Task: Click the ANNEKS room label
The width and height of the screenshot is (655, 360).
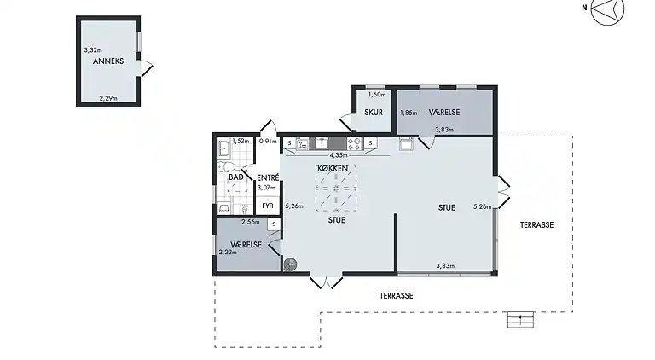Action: pyautogui.click(x=108, y=61)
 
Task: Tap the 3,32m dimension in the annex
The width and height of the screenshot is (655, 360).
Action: pyautogui.click(x=93, y=50)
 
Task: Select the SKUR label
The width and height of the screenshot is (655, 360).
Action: pyautogui.click(x=374, y=113)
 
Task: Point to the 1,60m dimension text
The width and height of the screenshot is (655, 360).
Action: pyautogui.click(x=377, y=95)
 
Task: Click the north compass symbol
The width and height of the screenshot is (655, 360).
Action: pyautogui.click(x=607, y=9)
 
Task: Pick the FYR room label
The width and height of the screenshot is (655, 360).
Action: pyautogui.click(x=268, y=206)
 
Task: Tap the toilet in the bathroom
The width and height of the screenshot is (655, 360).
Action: pyautogui.click(x=226, y=167)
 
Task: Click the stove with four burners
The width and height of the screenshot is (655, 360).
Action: pyautogui.click(x=355, y=144)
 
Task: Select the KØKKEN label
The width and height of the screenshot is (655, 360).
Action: pyautogui.click(x=333, y=168)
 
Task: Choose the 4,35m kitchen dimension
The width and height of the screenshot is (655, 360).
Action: pyautogui.click(x=339, y=155)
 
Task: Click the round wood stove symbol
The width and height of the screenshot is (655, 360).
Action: pyautogui.click(x=290, y=264)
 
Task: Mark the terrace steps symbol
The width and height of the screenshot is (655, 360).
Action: pyautogui.click(x=520, y=320)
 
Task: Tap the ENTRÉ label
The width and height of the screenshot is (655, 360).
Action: pyautogui.click(x=268, y=177)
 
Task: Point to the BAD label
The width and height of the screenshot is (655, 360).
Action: pyautogui.click(x=236, y=177)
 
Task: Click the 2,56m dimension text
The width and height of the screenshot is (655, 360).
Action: pyautogui.click(x=251, y=222)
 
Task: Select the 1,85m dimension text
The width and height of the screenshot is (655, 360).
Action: pyautogui.click(x=409, y=113)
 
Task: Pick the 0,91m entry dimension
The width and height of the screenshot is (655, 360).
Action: pyautogui.click(x=268, y=141)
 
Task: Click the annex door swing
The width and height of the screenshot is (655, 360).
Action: pyautogui.click(x=146, y=68)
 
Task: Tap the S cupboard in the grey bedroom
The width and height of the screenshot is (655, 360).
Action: pyautogui.click(x=274, y=224)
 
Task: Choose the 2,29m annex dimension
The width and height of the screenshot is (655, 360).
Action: pyautogui.click(x=108, y=99)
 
